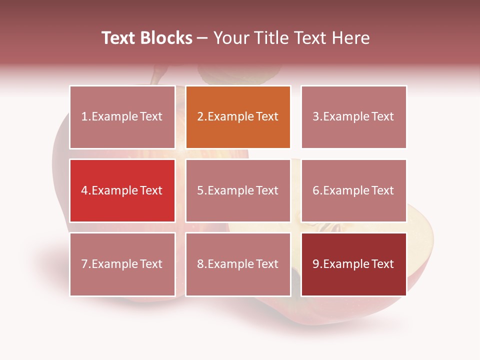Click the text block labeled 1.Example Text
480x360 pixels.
(122, 117)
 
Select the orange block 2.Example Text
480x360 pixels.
(238, 117)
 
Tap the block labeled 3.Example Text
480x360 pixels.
(353, 117)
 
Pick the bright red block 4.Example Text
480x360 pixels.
(122, 190)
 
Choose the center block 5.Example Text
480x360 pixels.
(238, 190)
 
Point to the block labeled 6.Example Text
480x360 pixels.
(353, 190)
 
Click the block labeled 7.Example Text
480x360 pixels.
(122, 264)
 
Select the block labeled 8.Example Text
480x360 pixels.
(238, 264)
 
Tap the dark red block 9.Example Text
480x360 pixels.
(353, 264)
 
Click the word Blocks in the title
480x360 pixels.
(167, 38)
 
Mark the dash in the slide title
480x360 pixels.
(203, 38)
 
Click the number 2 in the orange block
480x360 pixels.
(200, 117)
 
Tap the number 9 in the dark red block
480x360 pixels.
(315, 264)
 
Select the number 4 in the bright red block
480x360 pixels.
(84, 190)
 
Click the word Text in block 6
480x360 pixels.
(382, 190)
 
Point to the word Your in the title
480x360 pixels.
(230, 38)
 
